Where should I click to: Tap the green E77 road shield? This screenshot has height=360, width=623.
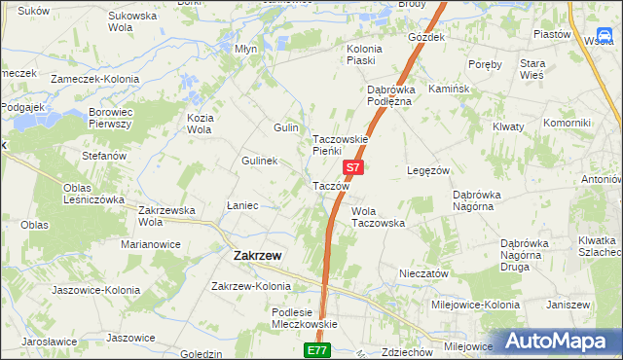(317, 349)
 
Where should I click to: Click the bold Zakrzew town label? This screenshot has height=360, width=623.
(258, 255)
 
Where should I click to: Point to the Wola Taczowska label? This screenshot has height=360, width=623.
(378, 217)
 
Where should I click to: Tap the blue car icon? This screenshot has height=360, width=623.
(605, 37)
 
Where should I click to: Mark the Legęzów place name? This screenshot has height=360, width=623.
(427, 170)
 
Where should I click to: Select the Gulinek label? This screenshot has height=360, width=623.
(260, 161)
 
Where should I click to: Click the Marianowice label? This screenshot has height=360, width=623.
(145, 244)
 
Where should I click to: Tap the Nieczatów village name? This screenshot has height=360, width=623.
(423, 274)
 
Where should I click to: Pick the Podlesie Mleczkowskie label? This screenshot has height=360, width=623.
(303, 318)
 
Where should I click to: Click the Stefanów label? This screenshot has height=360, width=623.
(104, 156)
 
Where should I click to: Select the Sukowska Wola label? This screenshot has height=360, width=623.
(133, 22)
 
